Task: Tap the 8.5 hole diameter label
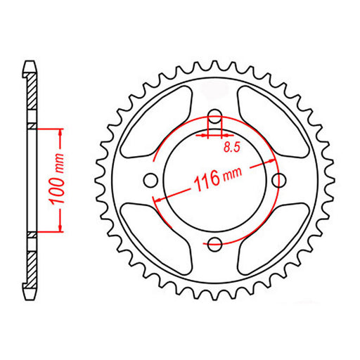[231, 147]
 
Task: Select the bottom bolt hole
[215, 243]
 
